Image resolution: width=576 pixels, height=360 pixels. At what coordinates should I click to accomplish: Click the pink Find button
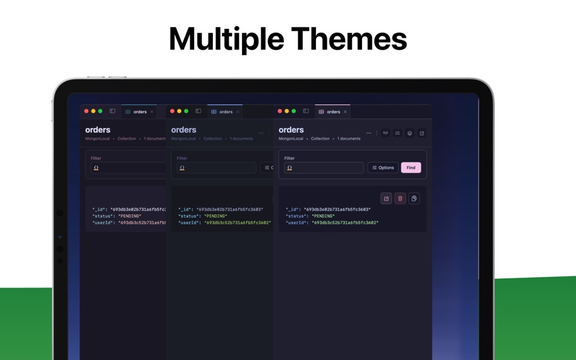click(x=410, y=168)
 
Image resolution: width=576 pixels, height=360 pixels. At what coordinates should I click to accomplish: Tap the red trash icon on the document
click(x=400, y=199)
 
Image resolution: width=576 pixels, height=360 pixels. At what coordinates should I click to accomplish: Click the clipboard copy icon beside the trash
click(x=414, y=199)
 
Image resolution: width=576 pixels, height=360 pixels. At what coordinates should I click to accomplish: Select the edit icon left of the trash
click(x=386, y=199)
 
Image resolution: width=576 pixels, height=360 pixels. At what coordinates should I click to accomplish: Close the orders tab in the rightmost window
click(x=346, y=112)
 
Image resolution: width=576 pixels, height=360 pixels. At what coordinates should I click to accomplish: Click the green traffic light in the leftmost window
click(x=100, y=112)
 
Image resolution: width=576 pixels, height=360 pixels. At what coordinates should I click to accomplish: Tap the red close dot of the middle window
click(x=172, y=112)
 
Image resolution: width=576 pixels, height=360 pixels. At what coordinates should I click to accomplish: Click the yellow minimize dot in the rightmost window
click(x=287, y=112)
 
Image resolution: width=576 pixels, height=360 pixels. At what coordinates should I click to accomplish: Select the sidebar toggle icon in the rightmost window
click(x=306, y=112)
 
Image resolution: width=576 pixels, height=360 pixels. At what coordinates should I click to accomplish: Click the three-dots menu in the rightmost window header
click(x=369, y=133)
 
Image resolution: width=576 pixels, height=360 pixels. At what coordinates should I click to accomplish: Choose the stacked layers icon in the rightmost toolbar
click(x=410, y=133)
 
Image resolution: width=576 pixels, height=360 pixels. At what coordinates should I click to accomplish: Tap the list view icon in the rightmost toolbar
click(x=398, y=133)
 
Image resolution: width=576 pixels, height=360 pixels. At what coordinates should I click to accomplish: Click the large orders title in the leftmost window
click(x=98, y=130)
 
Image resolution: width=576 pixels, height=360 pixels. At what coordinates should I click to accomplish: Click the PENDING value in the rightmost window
click(x=323, y=216)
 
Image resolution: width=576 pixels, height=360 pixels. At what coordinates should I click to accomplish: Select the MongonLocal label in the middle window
click(x=183, y=139)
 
